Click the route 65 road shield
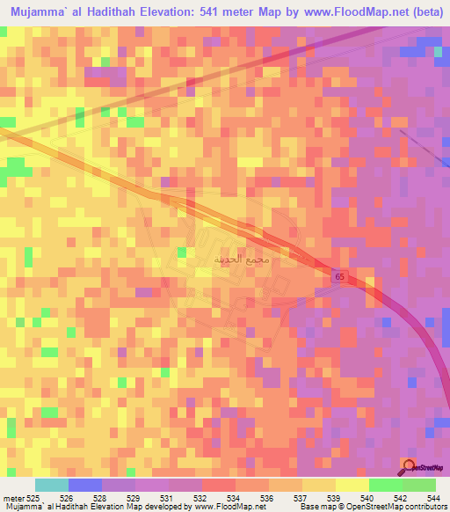click(x=339, y=276)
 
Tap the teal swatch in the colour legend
click(x=52, y=484)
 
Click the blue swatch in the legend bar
click(x=85, y=484)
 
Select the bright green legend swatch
click(x=386, y=484)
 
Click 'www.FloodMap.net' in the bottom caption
click(x=227, y=506)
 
